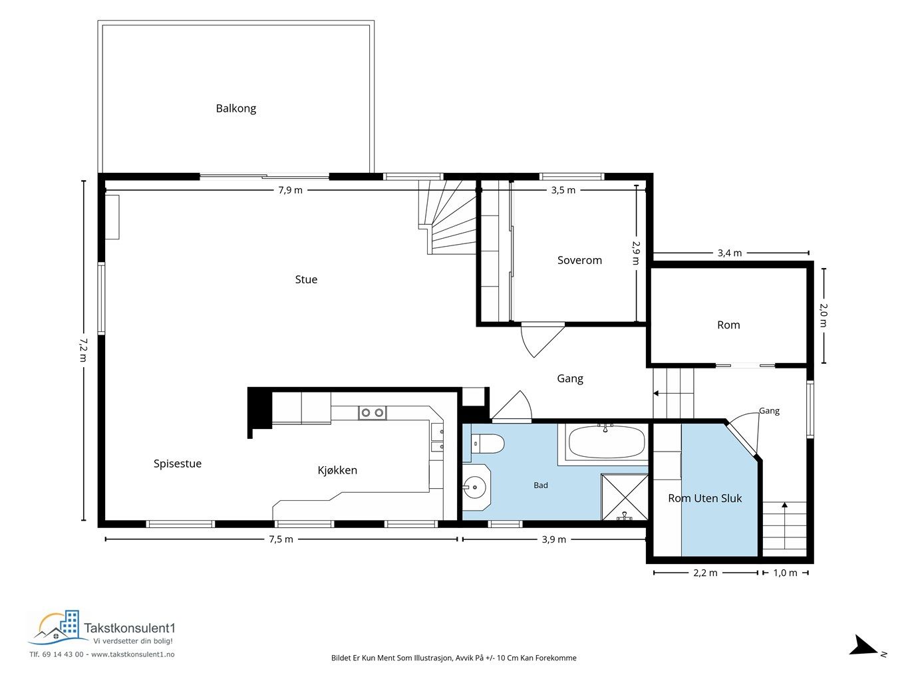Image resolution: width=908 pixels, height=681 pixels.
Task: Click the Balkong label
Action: point(235,108)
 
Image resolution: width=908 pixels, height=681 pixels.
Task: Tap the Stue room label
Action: point(306,279)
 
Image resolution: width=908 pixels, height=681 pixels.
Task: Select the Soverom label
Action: point(579,260)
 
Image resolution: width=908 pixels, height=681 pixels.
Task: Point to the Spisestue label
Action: point(178,464)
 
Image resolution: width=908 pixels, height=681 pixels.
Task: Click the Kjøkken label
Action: point(337,470)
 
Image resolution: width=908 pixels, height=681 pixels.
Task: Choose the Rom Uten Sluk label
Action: point(705,498)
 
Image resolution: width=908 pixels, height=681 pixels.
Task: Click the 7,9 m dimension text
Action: point(291,190)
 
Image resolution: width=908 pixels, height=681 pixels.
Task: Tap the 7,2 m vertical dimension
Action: point(84,350)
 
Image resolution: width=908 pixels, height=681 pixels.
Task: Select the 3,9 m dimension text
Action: point(554,539)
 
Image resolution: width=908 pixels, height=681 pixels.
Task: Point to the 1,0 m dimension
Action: point(785,573)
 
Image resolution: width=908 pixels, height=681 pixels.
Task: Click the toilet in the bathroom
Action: point(488,444)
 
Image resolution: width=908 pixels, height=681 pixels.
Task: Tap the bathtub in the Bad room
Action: point(607,442)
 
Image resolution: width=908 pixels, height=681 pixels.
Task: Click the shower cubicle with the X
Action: point(624,497)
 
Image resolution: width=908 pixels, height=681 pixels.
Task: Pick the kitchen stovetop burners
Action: point(373,412)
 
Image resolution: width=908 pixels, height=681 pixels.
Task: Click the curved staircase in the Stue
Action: point(448,217)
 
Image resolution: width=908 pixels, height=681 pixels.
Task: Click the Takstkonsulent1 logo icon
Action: point(57,628)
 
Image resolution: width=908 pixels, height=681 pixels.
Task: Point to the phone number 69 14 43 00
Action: point(63,654)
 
